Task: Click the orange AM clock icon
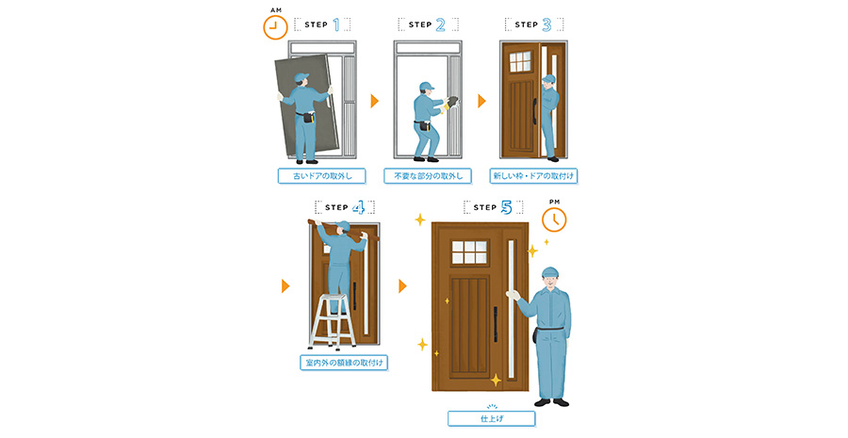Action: tap(275, 27)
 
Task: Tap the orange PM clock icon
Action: tap(554, 219)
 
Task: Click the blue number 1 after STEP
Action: tap(337, 24)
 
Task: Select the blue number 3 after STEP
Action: tap(546, 24)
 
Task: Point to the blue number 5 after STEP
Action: tap(506, 207)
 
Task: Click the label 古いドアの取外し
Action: tap(322, 176)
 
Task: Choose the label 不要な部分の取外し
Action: tap(428, 176)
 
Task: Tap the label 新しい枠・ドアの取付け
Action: tap(533, 176)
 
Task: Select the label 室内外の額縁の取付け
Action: tap(344, 363)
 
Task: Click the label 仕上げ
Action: tap(492, 418)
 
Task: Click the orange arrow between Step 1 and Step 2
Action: tap(374, 101)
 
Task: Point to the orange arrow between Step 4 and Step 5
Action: tap(402, 285)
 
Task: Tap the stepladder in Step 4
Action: tap(332, 321)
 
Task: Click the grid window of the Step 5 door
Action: tap(469, 252)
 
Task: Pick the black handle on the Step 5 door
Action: tap(495, 324)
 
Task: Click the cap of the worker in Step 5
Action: tap(549, 271)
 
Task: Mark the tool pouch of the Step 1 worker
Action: tap(307, 117)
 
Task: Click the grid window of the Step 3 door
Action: tap(520, 61)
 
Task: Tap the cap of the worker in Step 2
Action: tap(426, 86)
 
